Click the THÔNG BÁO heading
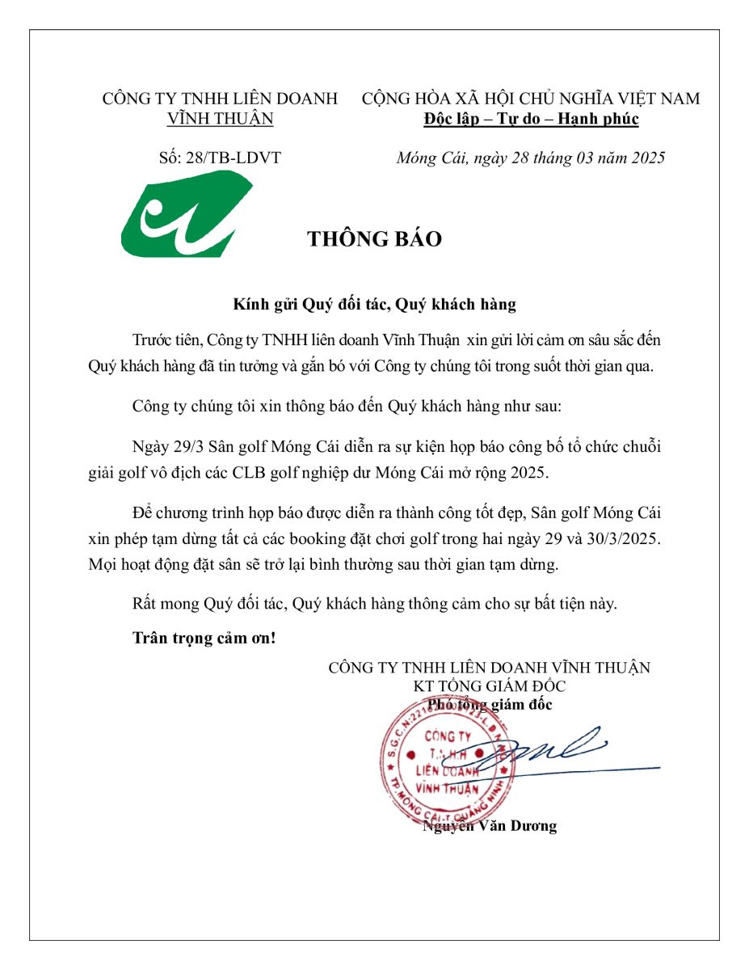point(374,239)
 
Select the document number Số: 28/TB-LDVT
point(220,158)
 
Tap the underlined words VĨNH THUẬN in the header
point(220,119)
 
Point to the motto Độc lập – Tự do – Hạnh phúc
point(531,119)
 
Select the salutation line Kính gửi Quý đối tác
point(374,305)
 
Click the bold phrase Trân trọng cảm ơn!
point(204,638)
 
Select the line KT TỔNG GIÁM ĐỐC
point(489,686)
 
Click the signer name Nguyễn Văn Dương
point(490,826)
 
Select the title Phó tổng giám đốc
point(490,704)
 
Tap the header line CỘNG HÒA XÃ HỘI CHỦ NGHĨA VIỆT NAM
point(531,99)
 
